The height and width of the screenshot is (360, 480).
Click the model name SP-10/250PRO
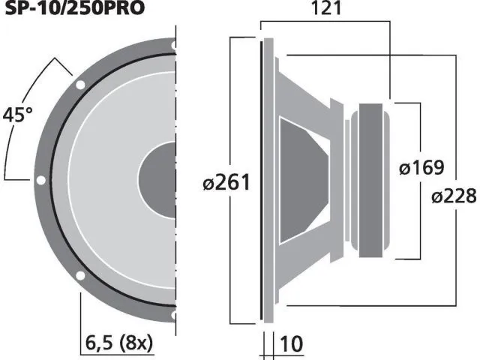tap(72, 8)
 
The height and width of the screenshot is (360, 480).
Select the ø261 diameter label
tap(225, 182)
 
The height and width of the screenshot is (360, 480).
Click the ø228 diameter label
tap(454, 196)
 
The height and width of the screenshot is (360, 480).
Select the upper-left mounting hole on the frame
tap(79, 85)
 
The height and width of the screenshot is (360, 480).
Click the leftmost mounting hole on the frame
tap(40, 180)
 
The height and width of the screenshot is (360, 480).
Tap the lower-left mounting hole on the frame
tap(79, 276)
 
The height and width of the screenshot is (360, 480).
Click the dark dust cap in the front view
tap(159, 180)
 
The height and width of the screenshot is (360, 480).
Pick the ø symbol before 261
tap(209, 182)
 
